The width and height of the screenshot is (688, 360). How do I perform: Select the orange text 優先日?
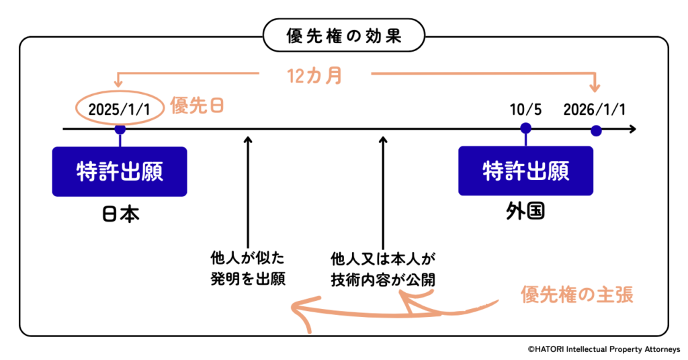tap(197, 106)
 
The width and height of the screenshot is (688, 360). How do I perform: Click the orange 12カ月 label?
tap(314, 76)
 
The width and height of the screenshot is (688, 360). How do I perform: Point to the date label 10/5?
tap(525, 109)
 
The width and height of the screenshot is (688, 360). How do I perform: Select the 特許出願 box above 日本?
tap(120, 171)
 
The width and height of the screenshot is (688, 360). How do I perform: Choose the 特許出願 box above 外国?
tap(525, 171)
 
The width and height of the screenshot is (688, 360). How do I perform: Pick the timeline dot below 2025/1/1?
tap(120, 129)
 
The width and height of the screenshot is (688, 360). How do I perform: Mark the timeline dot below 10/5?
tap(525, 128)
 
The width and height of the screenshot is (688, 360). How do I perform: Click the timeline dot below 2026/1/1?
tap(595, 131)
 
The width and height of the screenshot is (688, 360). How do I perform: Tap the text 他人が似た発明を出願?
tap(248, 269)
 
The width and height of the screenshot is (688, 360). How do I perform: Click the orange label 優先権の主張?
tap(577, 294)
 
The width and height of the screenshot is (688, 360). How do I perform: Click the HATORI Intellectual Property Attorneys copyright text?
tap(603, 349)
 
